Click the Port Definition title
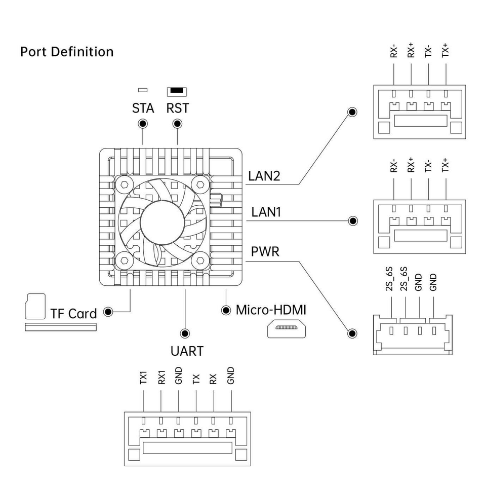coord(67,52)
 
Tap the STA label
coord(143,108)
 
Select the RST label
coord(177,108)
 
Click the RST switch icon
coord(177,92)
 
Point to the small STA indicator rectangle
coord(143,90)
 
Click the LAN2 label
coord(264,176)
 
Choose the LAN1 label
coord(266,212)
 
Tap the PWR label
coord(265,252)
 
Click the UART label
coord(187,351)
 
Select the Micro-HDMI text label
coord(271,310)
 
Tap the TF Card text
coord(73,314)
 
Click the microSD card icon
coord(35,306)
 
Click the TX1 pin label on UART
coord(143,378)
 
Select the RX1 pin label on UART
coord(161,378)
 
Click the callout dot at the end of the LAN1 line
coord(353,221)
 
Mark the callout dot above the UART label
coord(185,333)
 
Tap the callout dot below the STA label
coord(143,124)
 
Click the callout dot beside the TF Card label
coord(108,312)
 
